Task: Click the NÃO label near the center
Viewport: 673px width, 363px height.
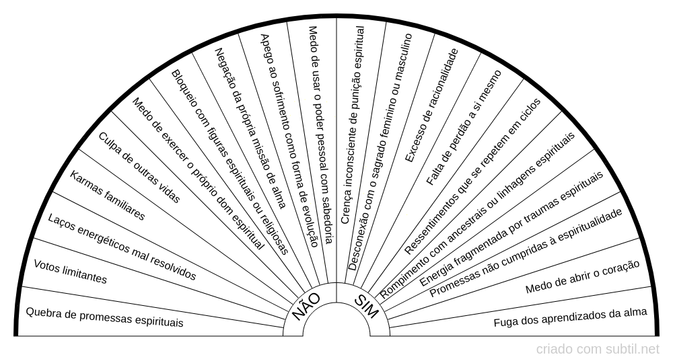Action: tap(306, 307)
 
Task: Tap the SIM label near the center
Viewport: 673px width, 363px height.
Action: tap(366, 307)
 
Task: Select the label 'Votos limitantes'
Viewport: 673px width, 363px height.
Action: tap(70, 272)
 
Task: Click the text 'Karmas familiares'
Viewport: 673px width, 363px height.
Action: tap(107, 196)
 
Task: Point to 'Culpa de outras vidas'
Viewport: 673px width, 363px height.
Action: tap(139, 167)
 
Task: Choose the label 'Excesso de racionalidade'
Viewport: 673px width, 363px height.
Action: tap(432, 106)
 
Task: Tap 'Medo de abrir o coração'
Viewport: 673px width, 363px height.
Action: tap(582, 277)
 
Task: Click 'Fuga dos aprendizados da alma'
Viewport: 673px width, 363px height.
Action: tap(571, 317)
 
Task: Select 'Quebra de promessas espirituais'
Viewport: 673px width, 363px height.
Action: tap(105, 317)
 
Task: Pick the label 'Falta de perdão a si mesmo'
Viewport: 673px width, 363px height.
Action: tap(464, 128)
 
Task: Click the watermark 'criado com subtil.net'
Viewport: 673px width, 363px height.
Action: tap(598, 350)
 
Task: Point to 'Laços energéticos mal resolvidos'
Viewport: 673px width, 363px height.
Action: tap(122, 247)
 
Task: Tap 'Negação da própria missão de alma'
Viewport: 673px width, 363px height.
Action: tap(250, 128)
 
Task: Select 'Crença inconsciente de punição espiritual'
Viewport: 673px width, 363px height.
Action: tap(353, 125)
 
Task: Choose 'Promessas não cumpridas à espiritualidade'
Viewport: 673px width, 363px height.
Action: tap(526, 253)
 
